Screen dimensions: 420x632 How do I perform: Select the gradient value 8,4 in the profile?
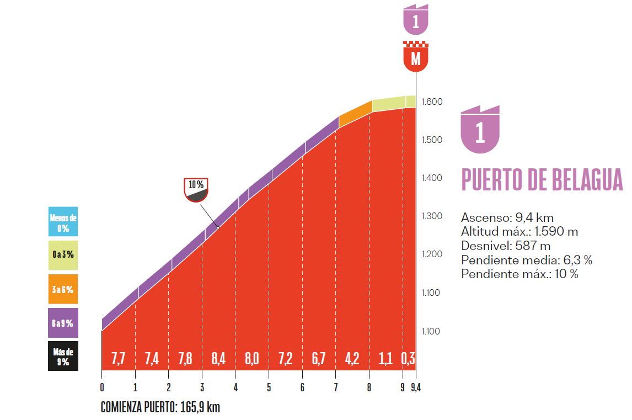[x=218, y=359]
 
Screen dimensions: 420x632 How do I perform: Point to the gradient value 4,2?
[x=352, y=359]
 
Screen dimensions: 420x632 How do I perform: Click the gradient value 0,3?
[x=408, y=359]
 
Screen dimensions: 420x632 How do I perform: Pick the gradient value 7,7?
[x=118, y=359]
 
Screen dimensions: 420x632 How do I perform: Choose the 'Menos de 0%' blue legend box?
[x=63, y=222]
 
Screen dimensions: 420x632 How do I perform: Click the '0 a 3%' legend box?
[x=63, y=255]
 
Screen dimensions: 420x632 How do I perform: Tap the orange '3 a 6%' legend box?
[x=63, y=289]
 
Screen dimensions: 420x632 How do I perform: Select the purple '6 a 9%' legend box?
[x=63, y=323]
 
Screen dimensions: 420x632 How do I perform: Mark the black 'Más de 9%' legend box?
[x=63, y=357]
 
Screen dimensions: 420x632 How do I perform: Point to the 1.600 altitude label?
[x=432, y=102]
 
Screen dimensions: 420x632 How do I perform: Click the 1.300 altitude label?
[x=432, y=216]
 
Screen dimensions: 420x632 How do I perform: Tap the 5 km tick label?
[x=269, y=387]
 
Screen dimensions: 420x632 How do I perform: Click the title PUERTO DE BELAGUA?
[x=542, y=180]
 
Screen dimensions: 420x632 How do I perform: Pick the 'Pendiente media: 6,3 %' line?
[x=526, y=260]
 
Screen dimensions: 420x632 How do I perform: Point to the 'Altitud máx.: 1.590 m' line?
[x=519, y=232]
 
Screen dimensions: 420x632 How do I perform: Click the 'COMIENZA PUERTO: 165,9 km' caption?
[x=160, y=408]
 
